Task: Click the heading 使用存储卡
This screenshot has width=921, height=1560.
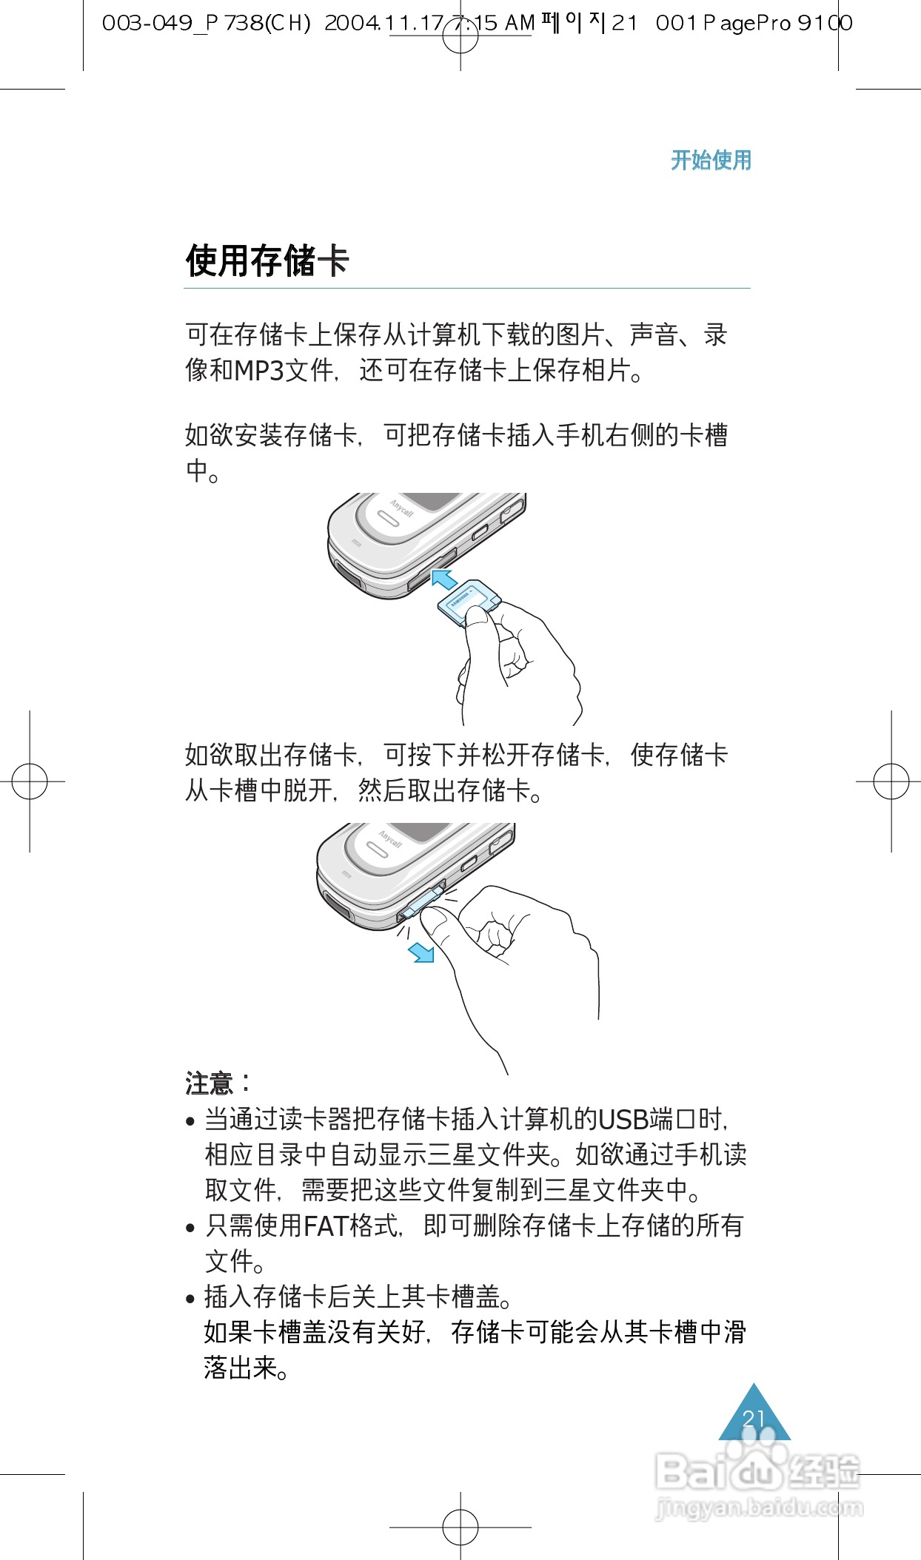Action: pyautogui.click(x=267, y=260)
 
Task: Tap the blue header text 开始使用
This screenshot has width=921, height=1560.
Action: pyautogui.click(x=711, y=160)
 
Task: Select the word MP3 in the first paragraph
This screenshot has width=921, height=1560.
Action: pyautogui.click(x=259, y=370)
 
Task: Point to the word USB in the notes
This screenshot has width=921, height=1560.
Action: pyautogui.click(x=623, y=1120)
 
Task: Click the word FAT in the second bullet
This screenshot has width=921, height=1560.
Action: pyautogui.click(x=326, y=1226)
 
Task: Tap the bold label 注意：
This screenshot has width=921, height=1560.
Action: pyautogui.click(x=218, y=1083)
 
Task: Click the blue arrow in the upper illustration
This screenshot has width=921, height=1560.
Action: pyautogui.click(x=443, y=578)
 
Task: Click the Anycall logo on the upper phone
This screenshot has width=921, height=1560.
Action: pyautogui.click(x=402, y=508)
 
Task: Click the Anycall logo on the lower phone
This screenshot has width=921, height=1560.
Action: pyautogui.click(x=390, y=838)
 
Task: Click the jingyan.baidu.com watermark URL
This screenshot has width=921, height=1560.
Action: pyautogui.click(x=759, y=1507)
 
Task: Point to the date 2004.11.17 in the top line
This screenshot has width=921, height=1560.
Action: pyautogui.click(x=384, y=24)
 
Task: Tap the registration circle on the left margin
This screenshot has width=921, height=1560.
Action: pyautogui.click(x=30, y=781)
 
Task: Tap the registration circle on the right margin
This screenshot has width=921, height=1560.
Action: pyautogui.click(x=891, y=781)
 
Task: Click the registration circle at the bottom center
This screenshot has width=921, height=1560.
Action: pyautogui.click(x=460, y=1527)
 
